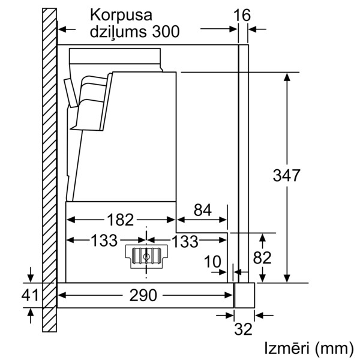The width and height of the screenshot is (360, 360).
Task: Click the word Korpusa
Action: pyautogui.click(x=121, y=15)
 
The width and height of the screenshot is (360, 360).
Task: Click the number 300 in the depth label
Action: pyautogui.click(x=166, y=31)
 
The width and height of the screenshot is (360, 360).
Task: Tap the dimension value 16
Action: pyautogui.click(x=242, y=16)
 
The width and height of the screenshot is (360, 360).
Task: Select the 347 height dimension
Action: pyautogui.click(x=286, y=175)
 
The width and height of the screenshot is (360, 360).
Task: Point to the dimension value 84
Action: pyautogui.click(x=203, y=210)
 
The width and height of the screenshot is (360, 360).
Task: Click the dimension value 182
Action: pyautogui.click(x=121, y=220)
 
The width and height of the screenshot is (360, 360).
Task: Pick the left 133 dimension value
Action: pyautogui.click(x=104, y=241)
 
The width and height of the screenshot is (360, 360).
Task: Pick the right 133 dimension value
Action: pyautogui.click(x=185, y=242)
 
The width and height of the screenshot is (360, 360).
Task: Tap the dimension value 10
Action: pyautogui.click(x=212, y=262)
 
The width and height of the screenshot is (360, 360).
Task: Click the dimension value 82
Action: pyautogui.click(x=262, y=257)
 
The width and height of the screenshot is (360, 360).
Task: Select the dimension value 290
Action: pyautogui.click(x=143, y=295)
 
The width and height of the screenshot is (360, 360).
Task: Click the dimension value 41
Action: pyautogui.click(x=30, y=295)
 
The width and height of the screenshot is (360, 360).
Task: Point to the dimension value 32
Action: pyautogui.click(x=243, y=329)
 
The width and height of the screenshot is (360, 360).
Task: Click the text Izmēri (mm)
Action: pyautogui.click(x=309, y=349)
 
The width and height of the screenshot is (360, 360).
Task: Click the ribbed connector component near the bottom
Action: pyautogui.click(x=146, y=256)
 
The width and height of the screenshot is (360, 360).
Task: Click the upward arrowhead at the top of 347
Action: pyautogui.click(x=287, y=77)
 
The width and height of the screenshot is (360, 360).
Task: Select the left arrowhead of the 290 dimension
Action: pyautogui.click(x=62, y=295)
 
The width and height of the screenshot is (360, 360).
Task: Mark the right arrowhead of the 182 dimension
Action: pyautogui.click(x=171, y=220)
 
